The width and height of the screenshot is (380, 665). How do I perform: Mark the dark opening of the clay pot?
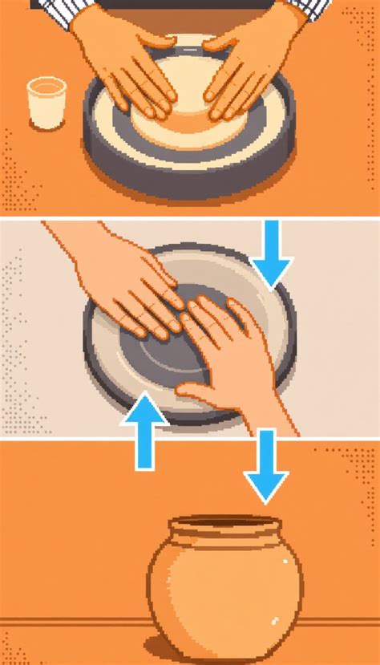click(x=227, y=526)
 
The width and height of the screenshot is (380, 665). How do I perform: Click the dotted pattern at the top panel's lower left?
click(x=20, y=180)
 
